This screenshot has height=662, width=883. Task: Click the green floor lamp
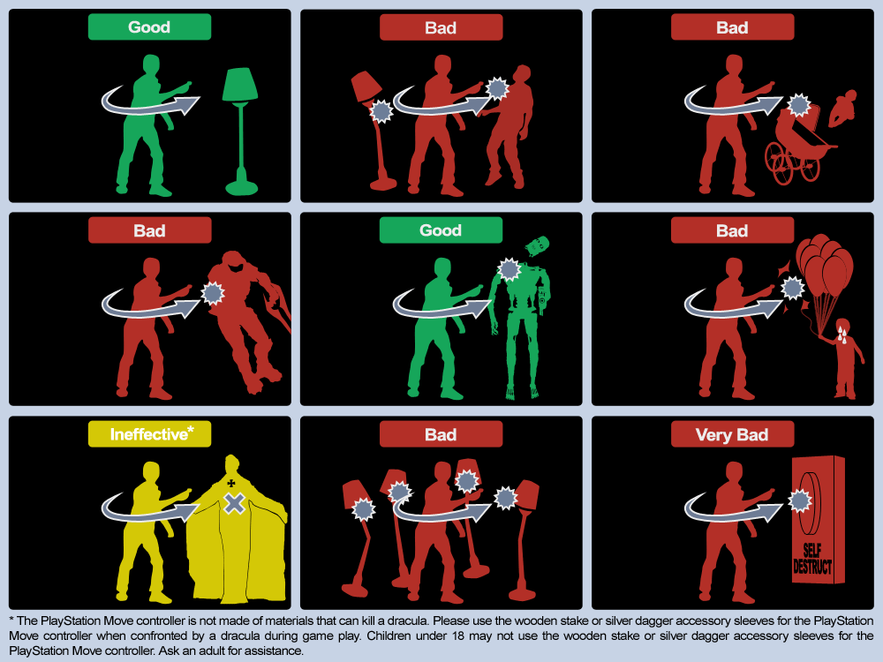point(241,132)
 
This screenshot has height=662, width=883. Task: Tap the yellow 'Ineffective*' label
point(150,434)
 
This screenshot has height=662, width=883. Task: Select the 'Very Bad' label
point(732,434)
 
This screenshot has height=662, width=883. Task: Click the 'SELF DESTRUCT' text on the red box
point(812,559)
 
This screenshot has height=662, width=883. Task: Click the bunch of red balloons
point(825,263)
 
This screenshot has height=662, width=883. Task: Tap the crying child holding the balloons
point(843,358)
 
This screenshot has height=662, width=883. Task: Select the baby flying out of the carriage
point(842,107)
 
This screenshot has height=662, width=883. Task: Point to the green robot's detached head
point(537,246)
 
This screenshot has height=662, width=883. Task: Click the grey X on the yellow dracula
point(234,503)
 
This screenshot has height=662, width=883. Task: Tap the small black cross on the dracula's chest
point(230,483)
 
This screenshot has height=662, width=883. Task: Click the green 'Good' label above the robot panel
point(441,230)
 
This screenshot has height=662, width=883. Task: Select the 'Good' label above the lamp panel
point(150,27)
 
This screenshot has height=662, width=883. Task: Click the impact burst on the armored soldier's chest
point(213,293)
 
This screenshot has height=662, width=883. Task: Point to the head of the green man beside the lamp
point(151,65)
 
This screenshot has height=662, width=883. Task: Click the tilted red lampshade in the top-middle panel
point(366,87)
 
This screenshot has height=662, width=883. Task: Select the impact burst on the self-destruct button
point(800,500)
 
